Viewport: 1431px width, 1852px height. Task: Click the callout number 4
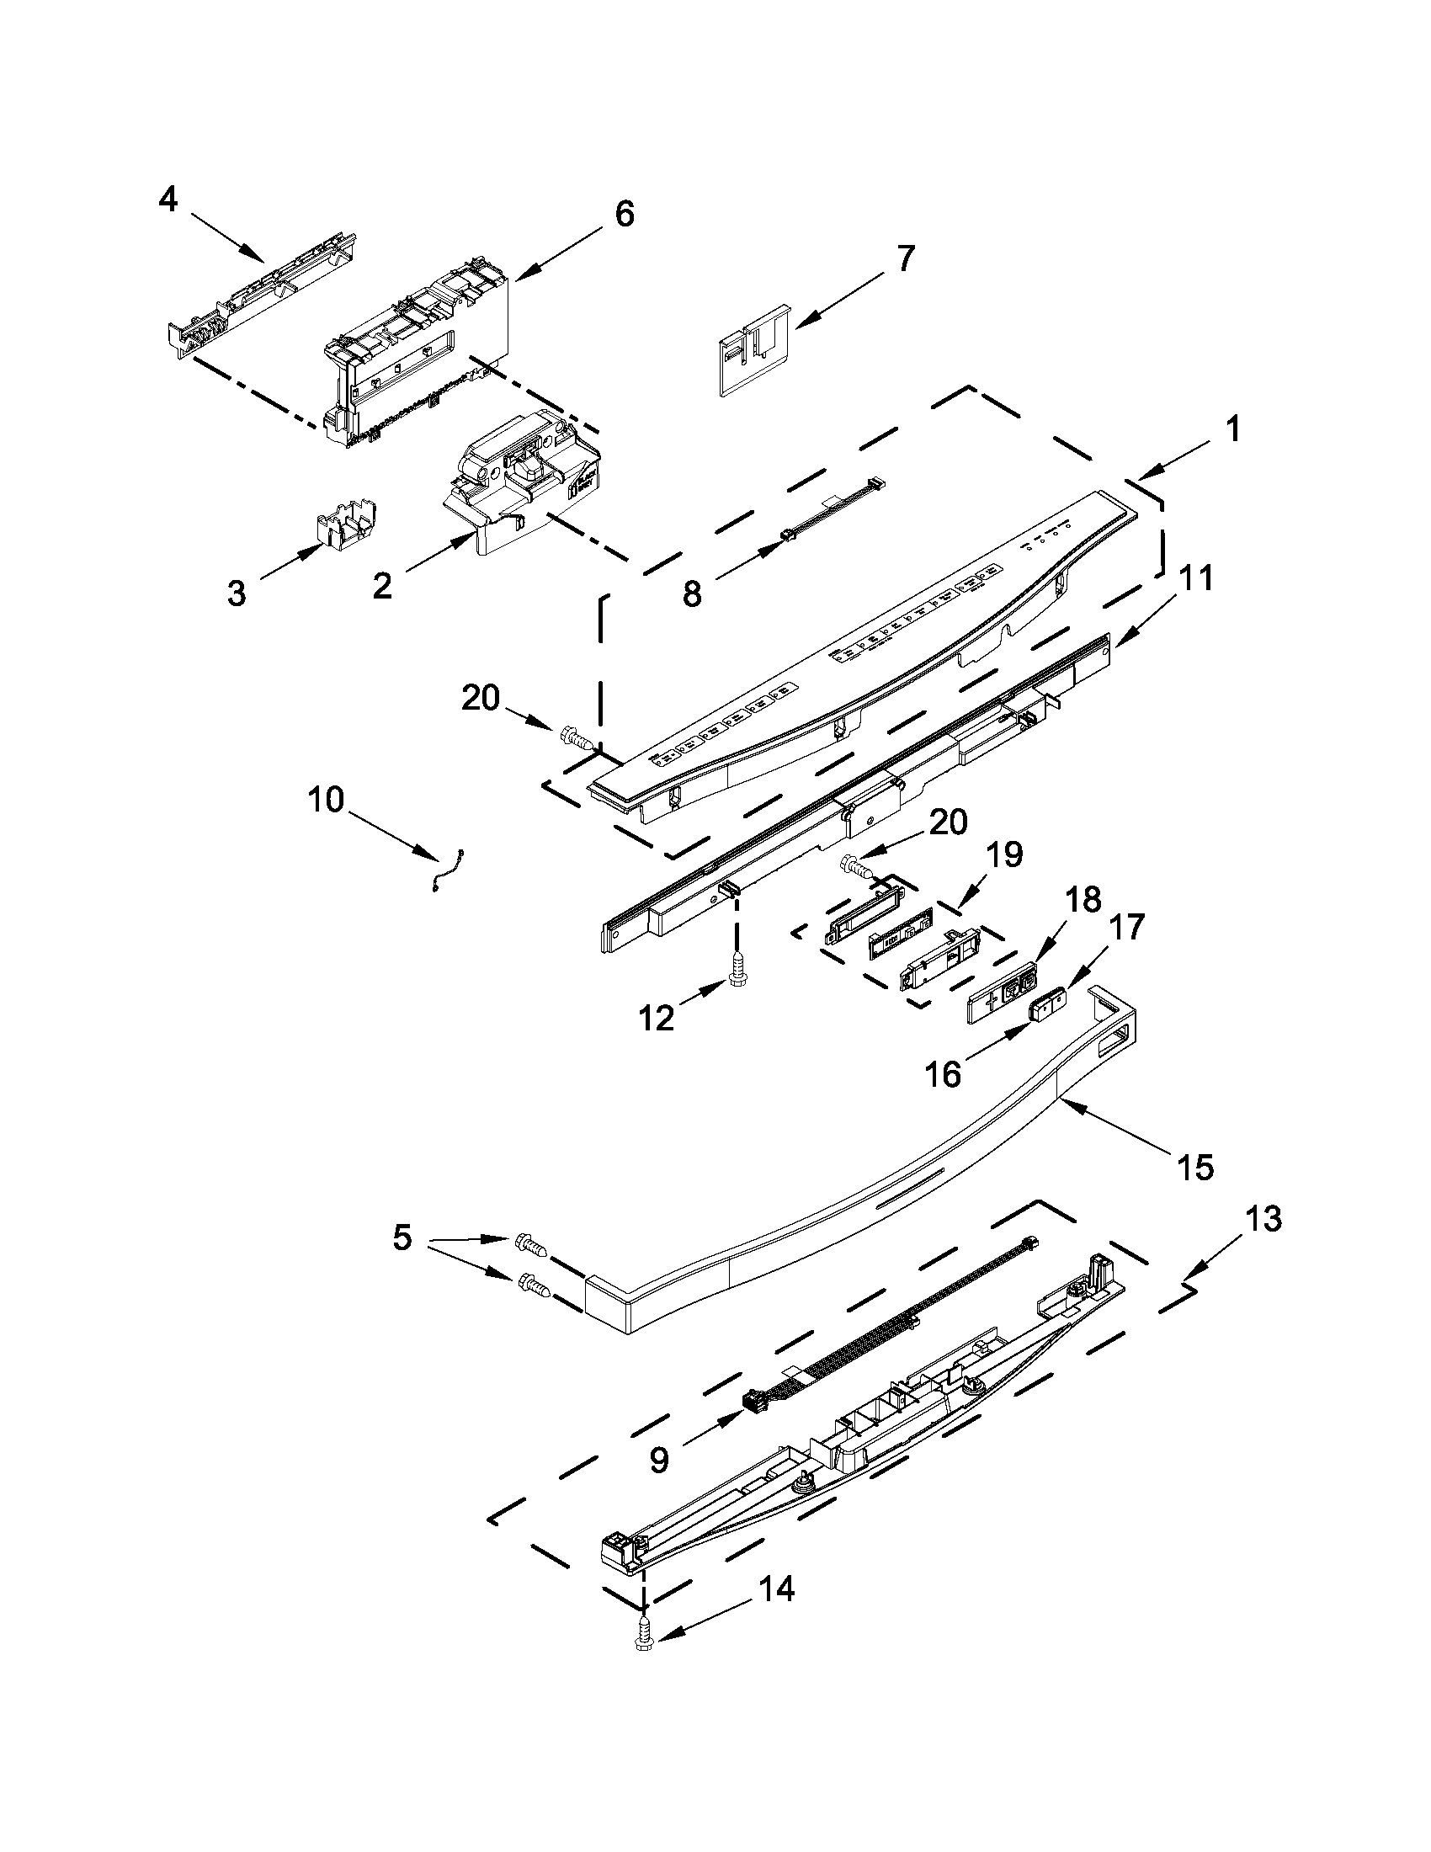(x=168, y=200)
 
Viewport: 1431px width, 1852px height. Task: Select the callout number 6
(x=624, y=214)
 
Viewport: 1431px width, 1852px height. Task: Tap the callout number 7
(x=906, y=258)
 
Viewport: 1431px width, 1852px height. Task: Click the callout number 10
(x=327, y=799)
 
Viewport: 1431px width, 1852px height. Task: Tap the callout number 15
(x=1195, y=1168)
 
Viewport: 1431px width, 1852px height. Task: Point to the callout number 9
(x=660, y=1459)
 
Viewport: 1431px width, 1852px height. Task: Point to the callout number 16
(x=944, y=1074)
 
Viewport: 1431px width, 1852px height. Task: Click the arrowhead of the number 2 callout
(x=469, y=538)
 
